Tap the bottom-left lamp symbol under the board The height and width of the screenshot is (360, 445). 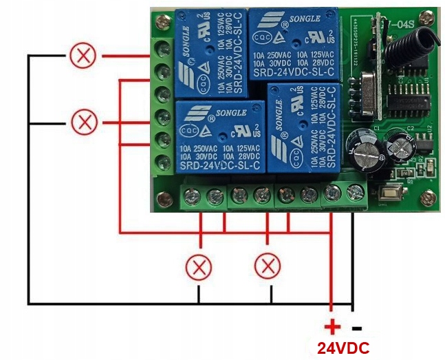coord(200,266)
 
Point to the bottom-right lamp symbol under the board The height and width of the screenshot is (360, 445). coord(268,265)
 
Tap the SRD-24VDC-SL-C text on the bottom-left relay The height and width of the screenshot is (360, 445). coord(219,165)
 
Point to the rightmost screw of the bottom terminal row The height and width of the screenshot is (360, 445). coord(356,195)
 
